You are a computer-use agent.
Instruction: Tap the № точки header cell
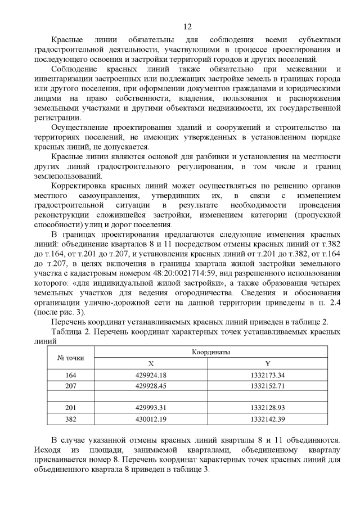(x=71, y=358)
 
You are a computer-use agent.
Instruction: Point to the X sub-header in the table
(x=151, y=363)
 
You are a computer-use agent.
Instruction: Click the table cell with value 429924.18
(x=151, y=375)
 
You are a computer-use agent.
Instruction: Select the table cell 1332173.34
(x=268, y=375)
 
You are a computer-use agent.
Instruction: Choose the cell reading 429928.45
(x=151, y=386)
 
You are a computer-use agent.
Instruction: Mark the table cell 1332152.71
(x=268, y=386)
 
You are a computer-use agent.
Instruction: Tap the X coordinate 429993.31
(x=151, y=408)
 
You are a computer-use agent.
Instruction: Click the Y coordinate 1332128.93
(x=268, y=408)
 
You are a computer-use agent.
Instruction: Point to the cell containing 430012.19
(x=151, y=418)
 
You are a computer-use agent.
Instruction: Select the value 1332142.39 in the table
(x=268, y=418)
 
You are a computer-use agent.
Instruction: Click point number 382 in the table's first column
(x=71, y=418)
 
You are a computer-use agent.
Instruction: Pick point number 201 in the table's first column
(x=71, y=408)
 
